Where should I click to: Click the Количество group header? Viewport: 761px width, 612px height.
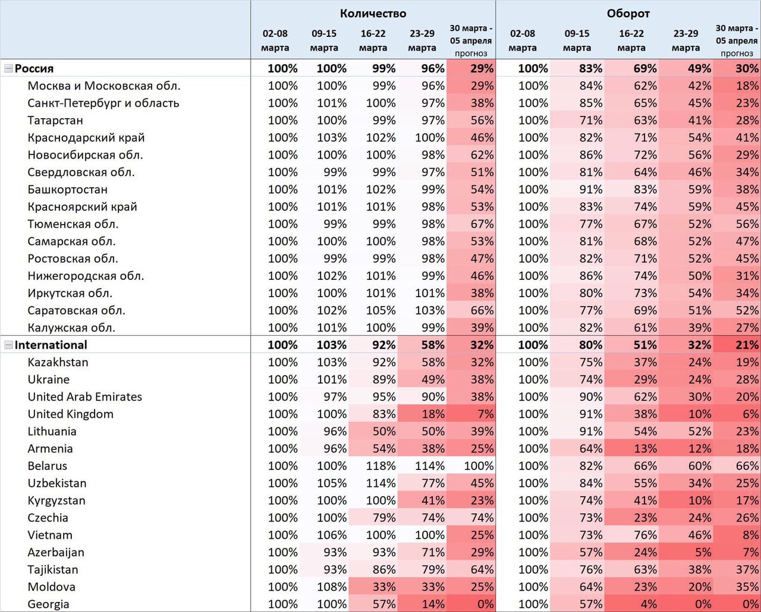[x=373, y=14]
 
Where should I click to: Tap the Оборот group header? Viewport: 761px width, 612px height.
[x=628, y=14]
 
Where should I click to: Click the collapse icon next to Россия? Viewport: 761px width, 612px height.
[x=8, y=68]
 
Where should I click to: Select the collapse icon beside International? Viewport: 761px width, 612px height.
[x=8, y=345]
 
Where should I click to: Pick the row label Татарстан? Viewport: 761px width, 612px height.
[x=55, y=121]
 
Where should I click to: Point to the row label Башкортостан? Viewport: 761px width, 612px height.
[x=68, y=190]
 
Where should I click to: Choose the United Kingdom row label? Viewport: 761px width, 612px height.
[x=71, y=414]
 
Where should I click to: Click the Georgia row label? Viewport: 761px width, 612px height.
[x=48, y=604]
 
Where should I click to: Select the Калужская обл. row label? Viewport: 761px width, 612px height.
[x=71, y=328]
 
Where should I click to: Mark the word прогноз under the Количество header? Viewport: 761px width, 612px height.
[x=471, y=53]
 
